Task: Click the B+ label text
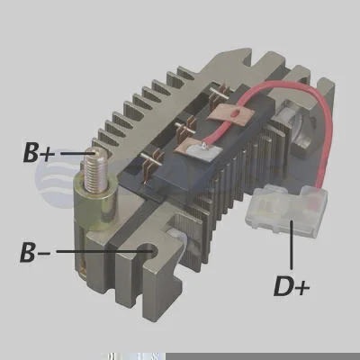40,153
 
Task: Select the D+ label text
292,286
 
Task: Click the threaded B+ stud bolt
95,172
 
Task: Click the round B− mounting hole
150,251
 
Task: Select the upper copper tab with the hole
230,114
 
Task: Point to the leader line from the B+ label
77,153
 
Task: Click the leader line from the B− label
102,251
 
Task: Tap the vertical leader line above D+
291,244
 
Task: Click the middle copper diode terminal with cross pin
185,128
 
